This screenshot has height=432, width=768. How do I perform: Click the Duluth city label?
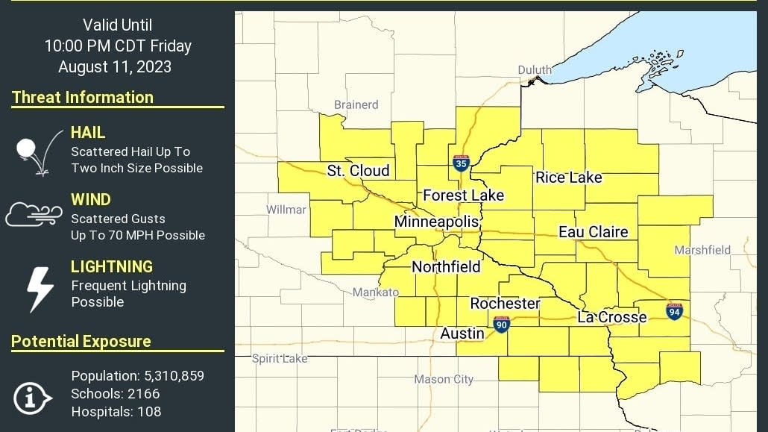click(535, 70)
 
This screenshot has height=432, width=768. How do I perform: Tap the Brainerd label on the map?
click(356, 104)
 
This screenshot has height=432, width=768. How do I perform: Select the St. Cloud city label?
click(358, 171)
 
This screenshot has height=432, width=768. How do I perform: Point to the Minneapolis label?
click(436, 222)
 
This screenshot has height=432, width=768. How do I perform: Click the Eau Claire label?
click(593, 232)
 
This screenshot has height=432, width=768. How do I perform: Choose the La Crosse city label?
click(611, 317)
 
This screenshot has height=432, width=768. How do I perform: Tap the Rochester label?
click(505, 304)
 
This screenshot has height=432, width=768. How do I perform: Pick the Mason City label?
click(443, 379)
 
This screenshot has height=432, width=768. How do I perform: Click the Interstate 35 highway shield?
click(461, 163)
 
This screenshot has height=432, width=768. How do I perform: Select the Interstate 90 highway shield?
click(501, 324)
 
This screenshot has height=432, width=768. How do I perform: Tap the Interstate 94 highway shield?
click(674, 311)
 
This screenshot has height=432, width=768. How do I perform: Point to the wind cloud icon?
click(34, 214)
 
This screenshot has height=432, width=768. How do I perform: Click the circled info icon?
click(32, 398)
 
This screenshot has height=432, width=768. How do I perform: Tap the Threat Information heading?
click(83, 97)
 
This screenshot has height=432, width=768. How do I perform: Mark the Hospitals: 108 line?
click(116, 411)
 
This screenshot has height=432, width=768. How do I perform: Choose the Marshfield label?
click(702, 251)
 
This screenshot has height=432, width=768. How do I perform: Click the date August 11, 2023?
click(115, 66)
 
